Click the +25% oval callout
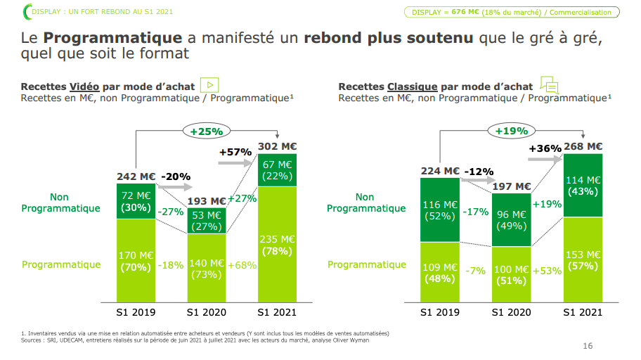[x=207, y=131]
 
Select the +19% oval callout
[x=512, y=131]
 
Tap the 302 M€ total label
[x=277, y=146]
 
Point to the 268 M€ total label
[x=583, y=146]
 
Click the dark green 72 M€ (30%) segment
[x=136, y=201]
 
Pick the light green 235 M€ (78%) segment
[x=277, y=244]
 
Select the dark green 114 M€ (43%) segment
[x=583, y=186]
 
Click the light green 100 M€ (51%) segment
[x=512, y=274]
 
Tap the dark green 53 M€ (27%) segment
[x=207, y=221]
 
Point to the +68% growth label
[x=242, y=266]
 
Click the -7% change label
[x=475, y=271]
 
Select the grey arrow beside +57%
[x=235, y=163]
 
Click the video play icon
[x=209, y=85]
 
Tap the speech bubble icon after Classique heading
[x=550, y=84]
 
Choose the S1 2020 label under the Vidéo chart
[x=207, y=313]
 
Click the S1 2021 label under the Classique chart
[x=583, y=313]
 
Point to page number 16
[x=588, y=346]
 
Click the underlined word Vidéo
[x=84, y=86]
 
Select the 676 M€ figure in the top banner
[x=465, y=12]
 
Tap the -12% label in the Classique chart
[x=479, y=172]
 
